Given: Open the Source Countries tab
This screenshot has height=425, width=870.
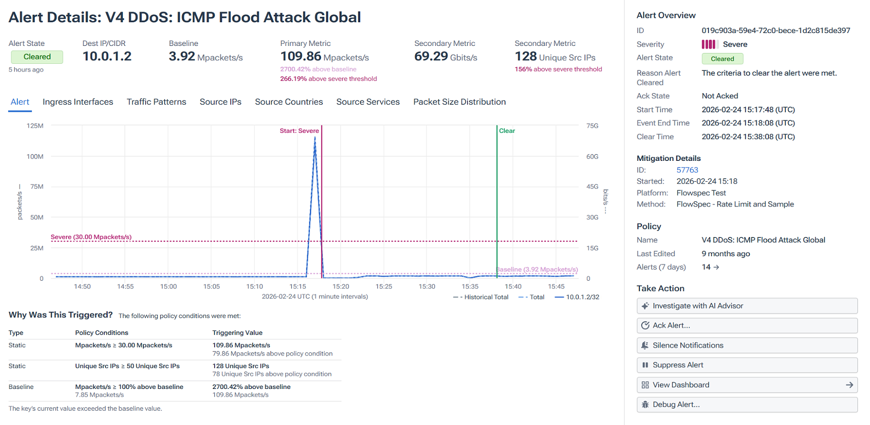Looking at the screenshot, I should [x=289, y=102].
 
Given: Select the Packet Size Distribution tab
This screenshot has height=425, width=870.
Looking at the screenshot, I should [x=459, y=102].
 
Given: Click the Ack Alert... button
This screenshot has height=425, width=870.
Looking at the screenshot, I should [x=747, y=326].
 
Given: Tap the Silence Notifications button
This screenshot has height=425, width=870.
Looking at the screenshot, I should [x=747, y=345].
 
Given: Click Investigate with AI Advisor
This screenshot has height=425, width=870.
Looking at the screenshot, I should [x=747, y=306].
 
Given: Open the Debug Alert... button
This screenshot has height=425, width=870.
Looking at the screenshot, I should [x=747, y=405].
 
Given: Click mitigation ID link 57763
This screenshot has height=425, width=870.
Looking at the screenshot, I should [x=687, y=170].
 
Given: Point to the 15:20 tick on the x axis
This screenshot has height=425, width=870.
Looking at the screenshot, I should [x=341, y=286].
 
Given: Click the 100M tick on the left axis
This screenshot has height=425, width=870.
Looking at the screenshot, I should [x=35, y=157].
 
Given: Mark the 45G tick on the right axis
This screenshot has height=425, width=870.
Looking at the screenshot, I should [x=592, y=187].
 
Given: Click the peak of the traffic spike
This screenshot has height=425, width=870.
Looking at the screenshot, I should [x=315, y=137].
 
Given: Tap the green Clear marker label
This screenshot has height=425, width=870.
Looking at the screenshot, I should [x=507, y=131].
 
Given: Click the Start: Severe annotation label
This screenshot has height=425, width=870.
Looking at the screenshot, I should [x=299, y=131].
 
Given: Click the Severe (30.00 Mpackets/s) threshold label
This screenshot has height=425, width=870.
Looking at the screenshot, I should [x=91, y=237].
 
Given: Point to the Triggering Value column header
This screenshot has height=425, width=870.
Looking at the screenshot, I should [x=237, y=333].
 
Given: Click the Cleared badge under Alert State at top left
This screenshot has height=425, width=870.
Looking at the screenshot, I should [x=37, y=57].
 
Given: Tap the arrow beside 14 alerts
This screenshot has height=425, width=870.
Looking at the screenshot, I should [x=716, y=267].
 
